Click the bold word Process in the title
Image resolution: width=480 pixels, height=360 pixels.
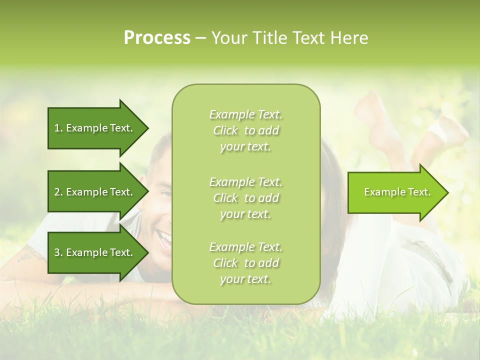click(x=157, y=38)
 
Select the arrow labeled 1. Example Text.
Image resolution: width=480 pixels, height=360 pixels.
click(x=95, y=128)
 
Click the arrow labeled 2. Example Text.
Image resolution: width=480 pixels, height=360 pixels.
click(x=95, y=192)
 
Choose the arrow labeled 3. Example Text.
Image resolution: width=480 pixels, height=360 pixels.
click(x=95, y=252)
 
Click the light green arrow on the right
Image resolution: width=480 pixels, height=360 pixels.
click(x=395, y=192)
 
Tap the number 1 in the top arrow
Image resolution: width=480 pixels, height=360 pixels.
click(x=57, y=128)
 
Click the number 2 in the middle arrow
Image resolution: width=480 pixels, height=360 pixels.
click(x=57, y=192)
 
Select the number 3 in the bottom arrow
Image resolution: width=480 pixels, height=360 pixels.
click(x=57, y=252)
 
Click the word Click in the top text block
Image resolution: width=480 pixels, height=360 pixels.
click(x=225, y=131)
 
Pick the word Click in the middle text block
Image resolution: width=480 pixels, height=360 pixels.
click(x=225, y=198)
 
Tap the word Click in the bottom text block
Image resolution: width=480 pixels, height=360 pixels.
click(x=225, y=263)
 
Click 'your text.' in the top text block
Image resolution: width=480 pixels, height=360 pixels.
click(x=245, y=147)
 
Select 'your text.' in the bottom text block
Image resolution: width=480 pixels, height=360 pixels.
click(x=245, y=279)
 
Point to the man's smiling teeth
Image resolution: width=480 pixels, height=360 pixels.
click(x=164, y=234)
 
